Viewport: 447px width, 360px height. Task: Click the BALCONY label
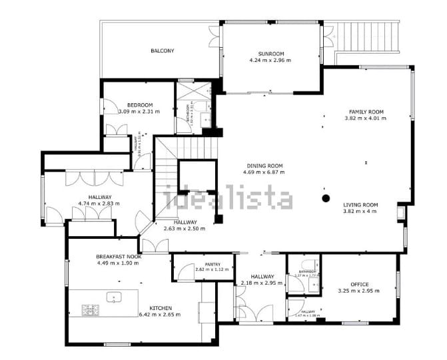coord(163,51)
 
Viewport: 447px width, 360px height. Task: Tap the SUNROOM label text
coord(271,54)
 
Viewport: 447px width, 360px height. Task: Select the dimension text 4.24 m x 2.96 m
coord(271,61)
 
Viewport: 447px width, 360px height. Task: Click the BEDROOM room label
coord(140,105)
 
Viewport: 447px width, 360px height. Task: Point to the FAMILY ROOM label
coord(366,112)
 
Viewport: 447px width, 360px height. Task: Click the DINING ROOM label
coord(265,166)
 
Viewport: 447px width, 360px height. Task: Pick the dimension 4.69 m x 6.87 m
coord(265,172)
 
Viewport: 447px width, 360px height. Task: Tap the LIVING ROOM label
coord(360,205)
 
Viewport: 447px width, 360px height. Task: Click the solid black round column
coord(326,198)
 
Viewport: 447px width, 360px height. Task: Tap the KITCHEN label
coord(161,308)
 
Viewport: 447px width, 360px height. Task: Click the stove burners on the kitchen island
coord(90,309)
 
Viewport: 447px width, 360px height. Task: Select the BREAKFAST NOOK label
coord(118,256)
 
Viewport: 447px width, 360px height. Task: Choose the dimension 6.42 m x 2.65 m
coord(161,315)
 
